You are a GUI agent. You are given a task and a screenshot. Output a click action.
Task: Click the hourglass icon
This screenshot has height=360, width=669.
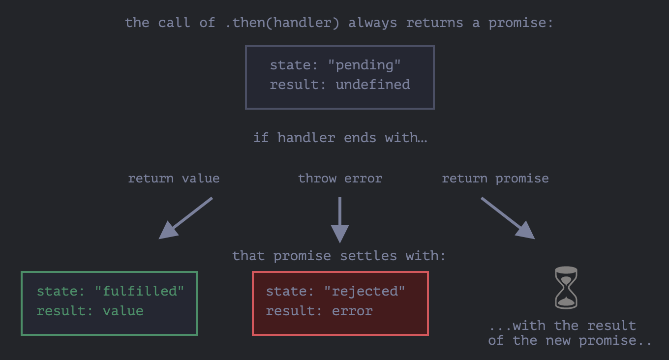click(x=566, y=288)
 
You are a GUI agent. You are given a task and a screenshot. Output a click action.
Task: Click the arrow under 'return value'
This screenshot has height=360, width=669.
click(x=185, y=218)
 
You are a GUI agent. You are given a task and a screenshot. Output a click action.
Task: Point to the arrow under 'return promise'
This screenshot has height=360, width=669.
click(x=508, y=218)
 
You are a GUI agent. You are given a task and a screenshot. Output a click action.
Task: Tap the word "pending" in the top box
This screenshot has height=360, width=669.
click(x=365, y=65)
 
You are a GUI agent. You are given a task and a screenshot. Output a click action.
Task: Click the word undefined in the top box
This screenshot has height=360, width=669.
click(x=372, y=85)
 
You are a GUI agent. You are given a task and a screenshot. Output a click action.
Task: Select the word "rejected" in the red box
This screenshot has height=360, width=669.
click(x=365, y=291)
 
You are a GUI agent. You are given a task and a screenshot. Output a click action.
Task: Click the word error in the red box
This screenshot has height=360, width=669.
click(x=352, y=311)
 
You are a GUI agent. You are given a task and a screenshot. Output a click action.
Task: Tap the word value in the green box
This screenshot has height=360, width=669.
click(x=123, y=311)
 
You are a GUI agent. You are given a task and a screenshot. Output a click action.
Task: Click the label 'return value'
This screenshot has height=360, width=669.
click(x=174, y=179)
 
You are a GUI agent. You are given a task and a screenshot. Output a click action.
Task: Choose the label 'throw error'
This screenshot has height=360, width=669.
click(x=340, y=179)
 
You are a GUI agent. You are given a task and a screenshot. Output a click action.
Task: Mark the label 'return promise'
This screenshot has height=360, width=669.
click(x=495, y=179)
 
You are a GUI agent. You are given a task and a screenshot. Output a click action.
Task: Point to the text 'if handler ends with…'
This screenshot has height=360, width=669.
click(x=340, y=138)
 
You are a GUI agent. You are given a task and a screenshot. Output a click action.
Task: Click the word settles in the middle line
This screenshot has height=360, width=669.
click(x=368, y=256)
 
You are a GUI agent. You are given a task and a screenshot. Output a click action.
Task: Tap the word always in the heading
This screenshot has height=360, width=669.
click(x=372, y=23)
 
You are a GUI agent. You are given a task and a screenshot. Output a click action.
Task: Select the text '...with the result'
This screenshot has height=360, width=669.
click(x=562, y=326)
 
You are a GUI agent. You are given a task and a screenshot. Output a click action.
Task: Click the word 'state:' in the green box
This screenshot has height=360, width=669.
click(x=57, y=291)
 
